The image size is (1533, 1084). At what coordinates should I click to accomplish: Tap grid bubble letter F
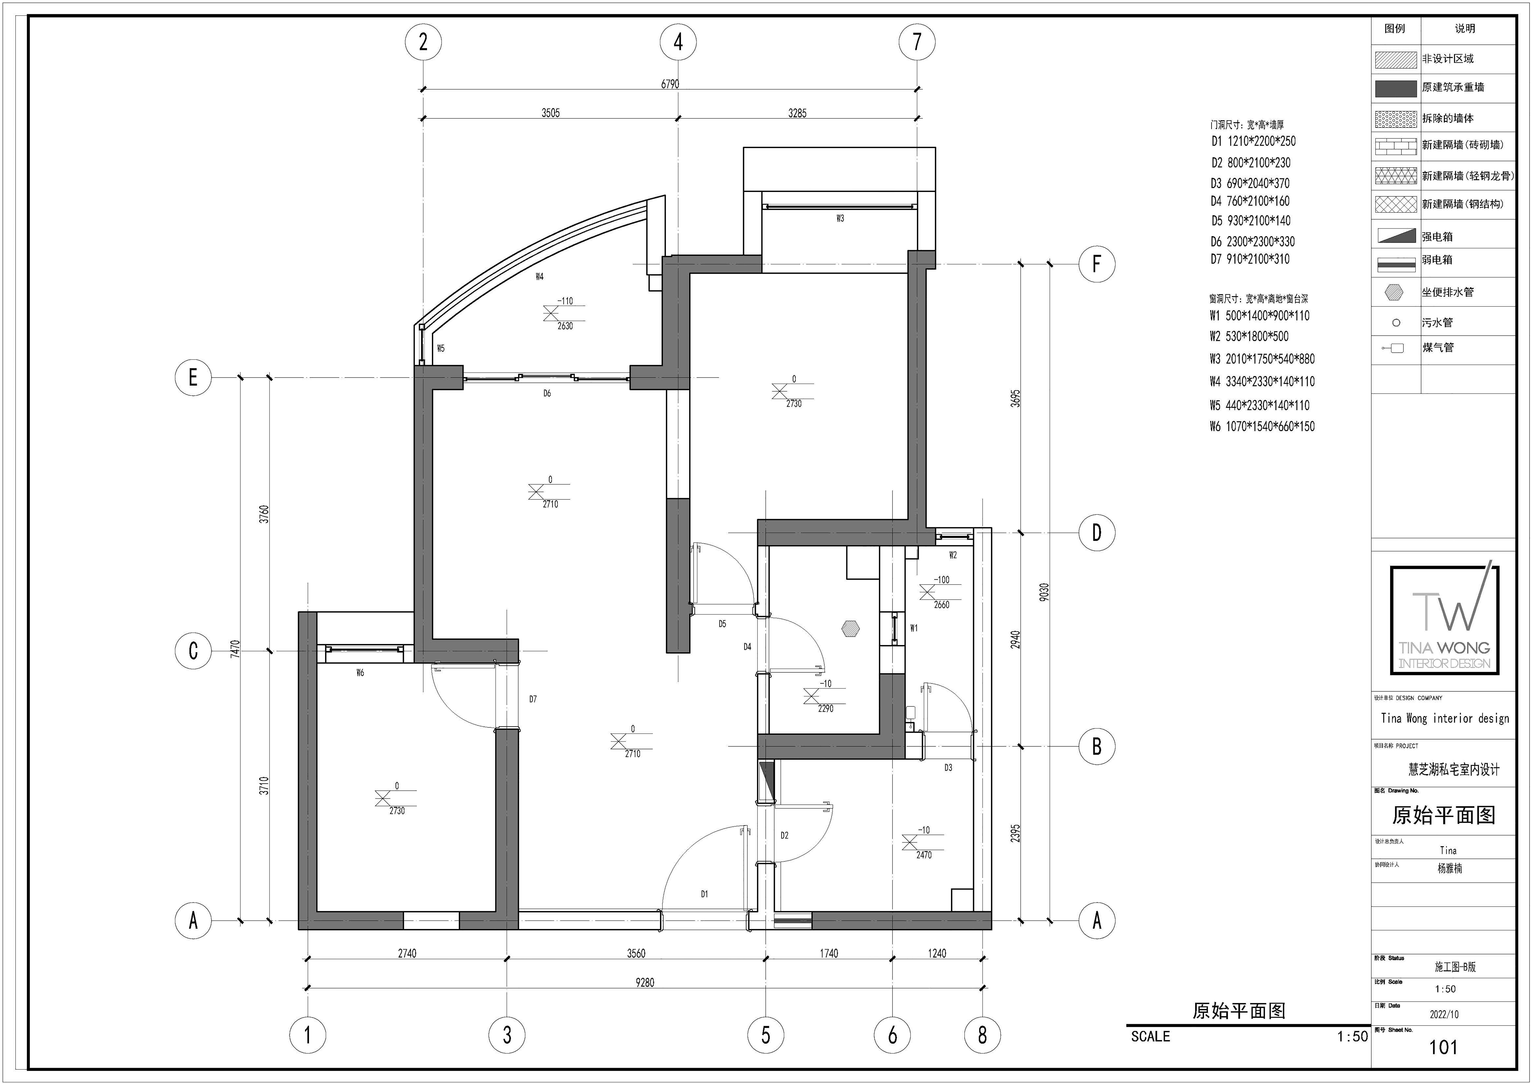coord(1096,264)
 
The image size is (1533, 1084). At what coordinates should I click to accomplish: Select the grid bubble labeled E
coord(193,378)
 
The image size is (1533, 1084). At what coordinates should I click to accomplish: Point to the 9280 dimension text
coord(645,982)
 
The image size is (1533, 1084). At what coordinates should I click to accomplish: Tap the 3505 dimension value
coord(551,113)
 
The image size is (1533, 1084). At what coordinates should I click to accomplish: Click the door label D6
coord(547,394)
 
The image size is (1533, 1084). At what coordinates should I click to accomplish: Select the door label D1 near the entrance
coord(704,894)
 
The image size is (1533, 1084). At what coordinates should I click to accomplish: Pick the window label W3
coord(840,218)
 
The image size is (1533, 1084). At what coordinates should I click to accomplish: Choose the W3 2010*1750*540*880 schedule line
coord(1262,359)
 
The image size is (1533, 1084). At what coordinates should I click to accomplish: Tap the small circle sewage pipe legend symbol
coord(1395,323)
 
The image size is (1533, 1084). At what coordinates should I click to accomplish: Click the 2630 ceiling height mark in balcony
coord(565,326)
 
